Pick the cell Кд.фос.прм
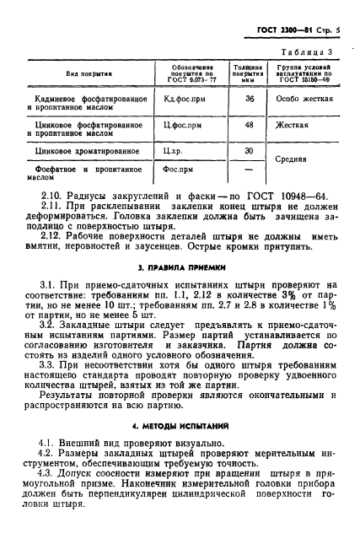point(184,100)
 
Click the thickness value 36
point(249,100)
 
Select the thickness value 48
point(249,126)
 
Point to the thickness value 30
point(249,151)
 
